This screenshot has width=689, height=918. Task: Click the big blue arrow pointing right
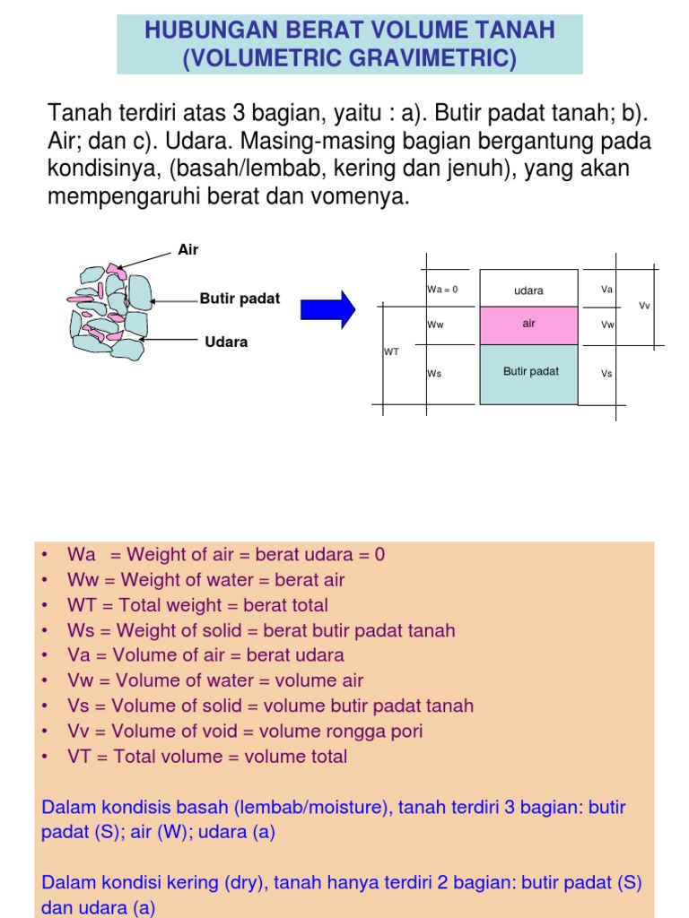point(327,309)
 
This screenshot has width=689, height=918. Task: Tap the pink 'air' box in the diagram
point(528,324)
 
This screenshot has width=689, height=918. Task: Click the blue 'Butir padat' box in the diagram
point(530,371)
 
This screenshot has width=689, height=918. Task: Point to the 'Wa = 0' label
point(442,290)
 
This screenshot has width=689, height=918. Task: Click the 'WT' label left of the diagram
point(391,352)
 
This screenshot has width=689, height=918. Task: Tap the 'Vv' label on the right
point(644,306)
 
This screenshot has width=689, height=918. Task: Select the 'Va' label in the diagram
point(606,290)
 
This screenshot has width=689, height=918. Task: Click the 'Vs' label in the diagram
point(606,373)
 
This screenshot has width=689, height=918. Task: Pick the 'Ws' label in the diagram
point(434,373)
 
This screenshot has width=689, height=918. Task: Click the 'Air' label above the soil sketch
point(188,250)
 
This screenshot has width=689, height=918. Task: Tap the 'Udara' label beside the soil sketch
point(226,342)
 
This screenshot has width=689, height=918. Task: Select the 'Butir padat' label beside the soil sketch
point(240,299)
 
